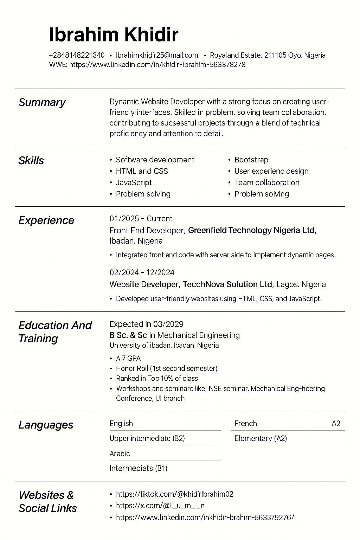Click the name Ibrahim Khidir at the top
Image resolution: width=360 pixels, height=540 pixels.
click(x=114, y=35)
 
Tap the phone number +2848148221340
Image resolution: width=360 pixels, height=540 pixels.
click(x=77, y=55)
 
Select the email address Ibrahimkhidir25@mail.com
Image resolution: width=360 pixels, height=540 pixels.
click(x=157, y=55)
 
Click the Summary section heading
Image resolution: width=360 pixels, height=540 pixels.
click(x=42, y=102)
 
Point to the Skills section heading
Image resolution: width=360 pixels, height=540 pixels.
click(x=31, y=161)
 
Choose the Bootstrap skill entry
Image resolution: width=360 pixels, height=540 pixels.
click(x=251, y=160)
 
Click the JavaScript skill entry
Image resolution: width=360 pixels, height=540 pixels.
click(x=134, y=183)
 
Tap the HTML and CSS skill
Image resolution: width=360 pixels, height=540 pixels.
click(x=142, y=171)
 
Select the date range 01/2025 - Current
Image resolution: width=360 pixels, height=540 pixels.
click(x=141, y=219)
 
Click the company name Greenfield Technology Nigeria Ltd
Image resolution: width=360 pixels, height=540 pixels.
click(x=252, y=231)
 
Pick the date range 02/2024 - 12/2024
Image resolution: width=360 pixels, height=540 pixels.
click(x=142, y=272)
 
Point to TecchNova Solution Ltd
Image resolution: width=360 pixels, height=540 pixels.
click(x=227, y=284)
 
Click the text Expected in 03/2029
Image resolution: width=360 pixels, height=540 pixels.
click(x=146, y=324)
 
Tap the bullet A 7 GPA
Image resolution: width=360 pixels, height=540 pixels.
click(x=128, y=359)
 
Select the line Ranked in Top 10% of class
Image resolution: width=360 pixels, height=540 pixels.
click(x=157, y=379)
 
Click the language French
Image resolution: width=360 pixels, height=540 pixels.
click(x=245, y=424)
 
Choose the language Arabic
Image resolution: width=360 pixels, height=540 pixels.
click(x=120, y=454)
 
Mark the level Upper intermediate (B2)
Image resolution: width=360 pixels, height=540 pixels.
click(x=147, y=438)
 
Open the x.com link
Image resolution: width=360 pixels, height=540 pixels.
click(x=160, y=506)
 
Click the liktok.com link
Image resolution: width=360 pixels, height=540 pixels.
click(x=174, y=494)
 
